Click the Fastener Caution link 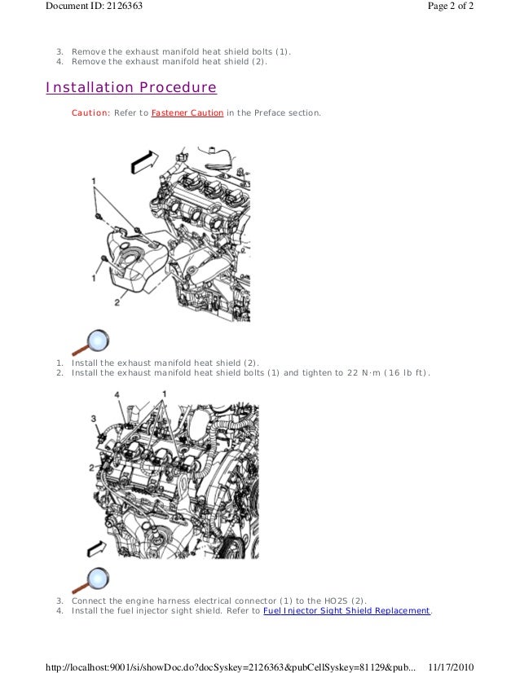coord(187,113)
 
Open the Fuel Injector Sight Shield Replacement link coord(346,610)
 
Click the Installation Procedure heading coord(131,87)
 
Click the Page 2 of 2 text coord(451,6)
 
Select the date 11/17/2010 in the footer coord(451,667)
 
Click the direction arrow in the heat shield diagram coord(144,162)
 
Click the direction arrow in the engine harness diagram coord(96,548)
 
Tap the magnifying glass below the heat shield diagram coord(91,342)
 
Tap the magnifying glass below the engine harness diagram coord(91,580)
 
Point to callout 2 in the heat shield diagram coord(117,302)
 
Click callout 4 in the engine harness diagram coord(117,395)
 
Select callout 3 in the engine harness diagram coord(94,419)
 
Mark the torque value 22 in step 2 coord(353,372)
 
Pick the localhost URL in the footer coord(231,667)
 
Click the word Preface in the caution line coord(270,113)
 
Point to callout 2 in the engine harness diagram coord(91,468)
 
